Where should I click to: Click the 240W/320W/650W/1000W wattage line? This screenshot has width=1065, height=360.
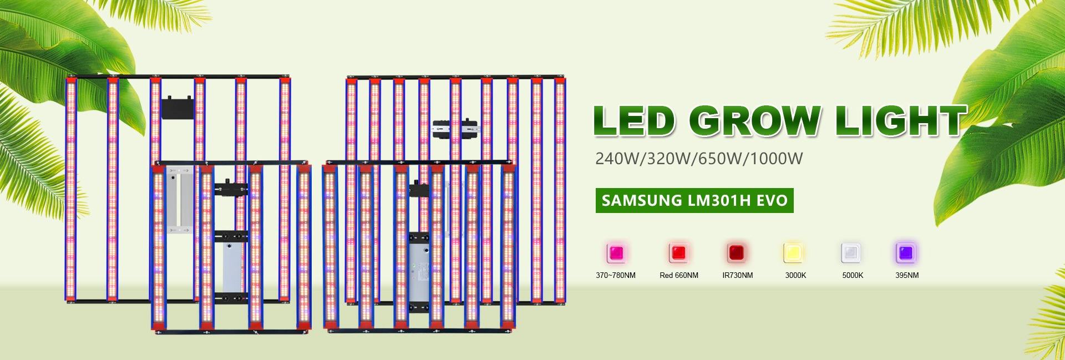click(699, 159)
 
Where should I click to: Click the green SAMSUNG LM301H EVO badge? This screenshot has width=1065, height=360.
click(694, 200)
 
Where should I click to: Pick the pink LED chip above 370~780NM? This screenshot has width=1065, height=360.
click(616, 253)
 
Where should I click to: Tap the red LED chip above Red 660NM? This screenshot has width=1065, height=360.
click(678, 253)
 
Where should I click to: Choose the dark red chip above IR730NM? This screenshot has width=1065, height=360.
click(737, 253)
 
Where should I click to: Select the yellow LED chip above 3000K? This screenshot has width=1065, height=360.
click(791, 253)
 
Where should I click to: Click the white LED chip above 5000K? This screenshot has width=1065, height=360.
click(851, 253)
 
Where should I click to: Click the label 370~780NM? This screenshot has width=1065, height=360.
click(616, 275)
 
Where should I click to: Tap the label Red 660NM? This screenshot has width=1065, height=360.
click(678, 275)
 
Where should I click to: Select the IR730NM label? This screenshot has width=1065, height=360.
click(738, 275)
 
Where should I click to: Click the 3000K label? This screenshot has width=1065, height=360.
click(795, 275)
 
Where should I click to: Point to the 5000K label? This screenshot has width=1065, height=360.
click(853, 275)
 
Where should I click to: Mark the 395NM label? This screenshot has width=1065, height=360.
click(907, 275)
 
